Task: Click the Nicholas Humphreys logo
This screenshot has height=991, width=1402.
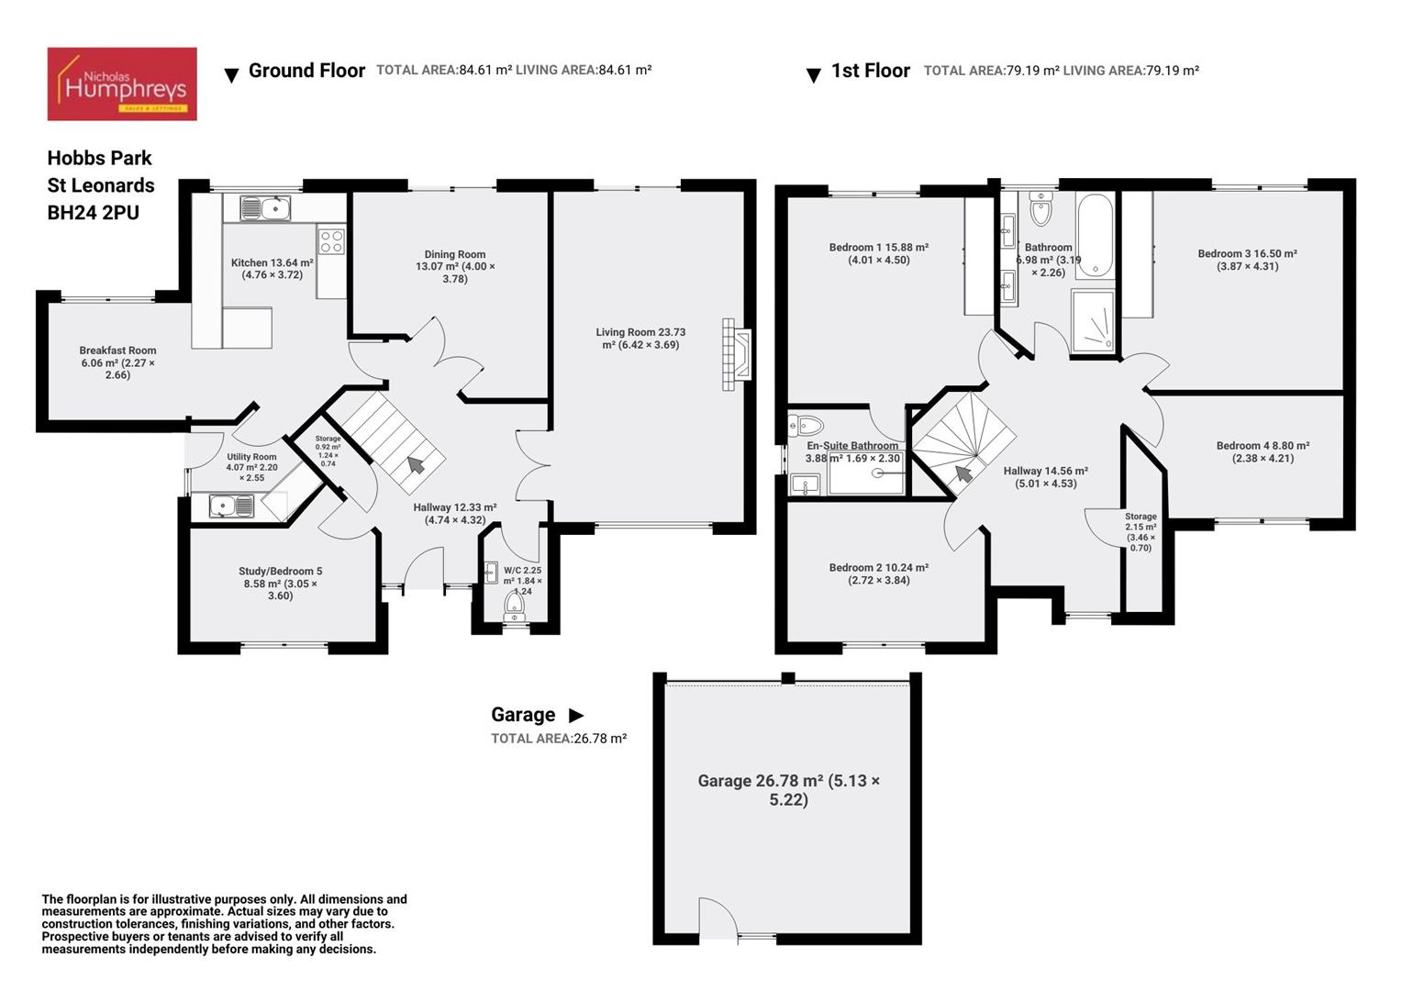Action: [x=122, y=84]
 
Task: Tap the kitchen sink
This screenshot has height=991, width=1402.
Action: [x=265, y=208]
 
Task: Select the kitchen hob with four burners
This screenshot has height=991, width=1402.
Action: [x=331, y=241]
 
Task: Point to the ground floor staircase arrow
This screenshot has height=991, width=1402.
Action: [x=416, y=464]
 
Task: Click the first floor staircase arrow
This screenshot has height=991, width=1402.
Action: [x=963, y=473]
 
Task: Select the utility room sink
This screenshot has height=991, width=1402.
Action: [x=231, y=506]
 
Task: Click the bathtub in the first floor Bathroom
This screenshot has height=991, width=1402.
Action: [x=1094, y=235]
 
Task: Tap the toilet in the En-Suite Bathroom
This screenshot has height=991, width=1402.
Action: [x=807, y=425]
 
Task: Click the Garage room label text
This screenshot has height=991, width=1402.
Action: [x=788, y=790]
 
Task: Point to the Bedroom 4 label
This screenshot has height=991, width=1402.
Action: [x=1263, y=451]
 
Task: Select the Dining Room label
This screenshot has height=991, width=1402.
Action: [x=455, y=266]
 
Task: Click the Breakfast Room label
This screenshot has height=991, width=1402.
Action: [x=117, y=362]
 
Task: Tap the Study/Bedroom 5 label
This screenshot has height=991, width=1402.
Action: [x=280, y=583]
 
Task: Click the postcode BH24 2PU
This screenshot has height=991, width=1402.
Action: [x=94, y=213]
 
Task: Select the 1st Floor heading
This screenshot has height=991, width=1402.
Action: [x=870, y=71]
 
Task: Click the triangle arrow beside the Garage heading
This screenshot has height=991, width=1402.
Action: [x=576, y=716]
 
